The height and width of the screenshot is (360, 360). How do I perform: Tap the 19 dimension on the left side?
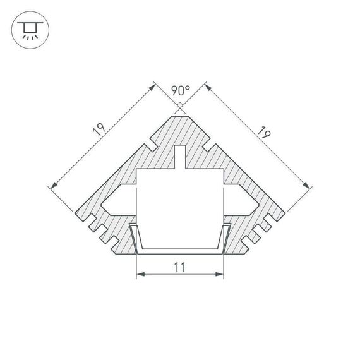click(99, 130)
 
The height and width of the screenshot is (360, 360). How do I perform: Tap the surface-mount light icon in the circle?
click(28, 28)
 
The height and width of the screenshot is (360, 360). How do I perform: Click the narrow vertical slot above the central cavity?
click(181, 157)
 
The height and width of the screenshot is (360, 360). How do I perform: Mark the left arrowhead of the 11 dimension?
click(140, 275)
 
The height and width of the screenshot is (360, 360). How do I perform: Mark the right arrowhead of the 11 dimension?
click(221, 275)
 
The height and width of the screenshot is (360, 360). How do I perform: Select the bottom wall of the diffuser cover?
click(181, 251)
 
